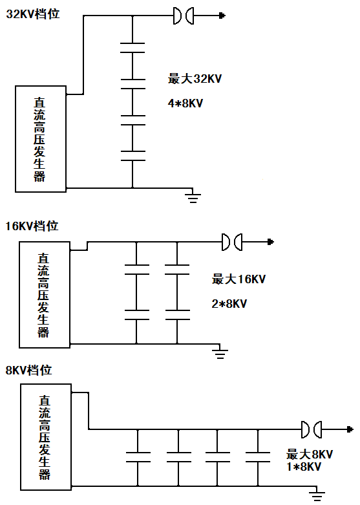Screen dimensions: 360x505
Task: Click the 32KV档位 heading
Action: click(x=33, y=14)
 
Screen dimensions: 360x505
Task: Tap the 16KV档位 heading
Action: click(x=32, y=226)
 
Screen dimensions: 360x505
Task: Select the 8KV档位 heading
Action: click(x=28, y=370)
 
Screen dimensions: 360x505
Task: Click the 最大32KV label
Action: click(x=195, y=79)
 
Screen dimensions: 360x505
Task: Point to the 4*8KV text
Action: click(x=185, y=103)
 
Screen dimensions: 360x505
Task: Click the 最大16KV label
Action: click(x=238, y=279)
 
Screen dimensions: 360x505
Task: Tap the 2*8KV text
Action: click(x=229, y=304)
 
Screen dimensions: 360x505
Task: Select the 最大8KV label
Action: click(x=310, y=455)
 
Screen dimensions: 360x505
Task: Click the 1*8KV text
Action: click(x=304, y=467)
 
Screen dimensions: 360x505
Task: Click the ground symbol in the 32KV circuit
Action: click(x=193, y=198)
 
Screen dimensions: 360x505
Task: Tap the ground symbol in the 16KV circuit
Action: click(x=220, y=354)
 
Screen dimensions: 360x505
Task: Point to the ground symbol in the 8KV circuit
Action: click(x=317, y=497)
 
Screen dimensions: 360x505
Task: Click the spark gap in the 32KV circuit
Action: click(x=184, y=16)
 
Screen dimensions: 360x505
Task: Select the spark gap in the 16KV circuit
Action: click(x=232, y=242)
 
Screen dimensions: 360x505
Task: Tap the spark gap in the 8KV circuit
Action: click(x=312, y=429)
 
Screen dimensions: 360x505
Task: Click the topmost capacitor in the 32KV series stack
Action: click(x=132, y=48)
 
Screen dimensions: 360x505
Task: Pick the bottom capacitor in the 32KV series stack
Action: click(x=132, y=156)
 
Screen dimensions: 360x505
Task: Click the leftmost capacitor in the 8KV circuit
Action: click(x=138, y=457)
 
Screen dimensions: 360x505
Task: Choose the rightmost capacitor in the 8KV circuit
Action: click(x=258, y=457)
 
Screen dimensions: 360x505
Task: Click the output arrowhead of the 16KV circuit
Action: click(x=271, y=242)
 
